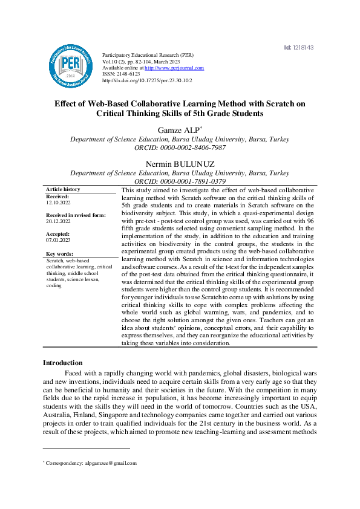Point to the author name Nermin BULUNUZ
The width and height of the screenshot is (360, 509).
click(x=180, y=164)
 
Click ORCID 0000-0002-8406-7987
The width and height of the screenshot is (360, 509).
click(x=180, y=148)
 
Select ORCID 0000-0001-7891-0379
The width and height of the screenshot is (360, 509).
click(x=180, y=181)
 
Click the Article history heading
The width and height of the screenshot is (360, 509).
click(x=63, y=189)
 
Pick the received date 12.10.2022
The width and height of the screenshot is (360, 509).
click(x=58, y=203)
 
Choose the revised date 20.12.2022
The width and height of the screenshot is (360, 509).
click(x=58, y=222)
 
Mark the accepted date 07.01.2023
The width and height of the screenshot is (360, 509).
click(x=58, y=240)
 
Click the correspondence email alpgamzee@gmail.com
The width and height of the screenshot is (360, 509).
click(x=111, y=464)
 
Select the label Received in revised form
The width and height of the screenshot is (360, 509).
click(x=76, y=215)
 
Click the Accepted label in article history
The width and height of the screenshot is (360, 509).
click(x=58, y=233)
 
